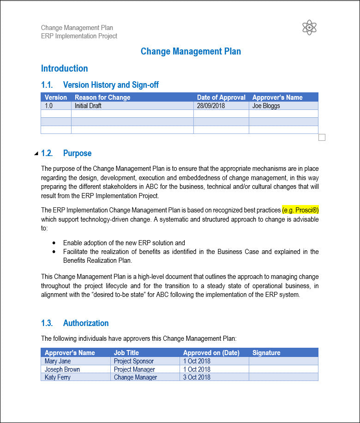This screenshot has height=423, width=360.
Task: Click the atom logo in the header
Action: pyautogui.click(x=309, y=28)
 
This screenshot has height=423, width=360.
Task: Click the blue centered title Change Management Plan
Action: pyautogui.click(x=191, y=51)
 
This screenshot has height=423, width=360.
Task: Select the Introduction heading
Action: pyautogui.click(x=64, y=68)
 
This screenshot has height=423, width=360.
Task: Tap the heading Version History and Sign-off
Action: pyautogui.click(x=111, y=85)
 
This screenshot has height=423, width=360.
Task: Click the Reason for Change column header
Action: pyautogui.click(x=102, y=97)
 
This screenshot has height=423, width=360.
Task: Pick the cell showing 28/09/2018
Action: pyautogui.click(x=210, y=106)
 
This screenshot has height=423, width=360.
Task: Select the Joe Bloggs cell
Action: pyautogui.click(x=266, y=106)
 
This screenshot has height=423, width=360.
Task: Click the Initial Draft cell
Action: pyautogui.click(x=88, y=106)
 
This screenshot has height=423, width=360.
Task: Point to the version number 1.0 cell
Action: pyautogui.click(x=49, y=106)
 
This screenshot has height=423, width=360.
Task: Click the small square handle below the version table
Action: pyautogui.click(x=322, y=137)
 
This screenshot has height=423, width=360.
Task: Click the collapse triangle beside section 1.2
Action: pyautogui.click(x=36, y=153)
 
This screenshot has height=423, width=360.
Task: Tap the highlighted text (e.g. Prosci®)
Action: pyautogui.click(x=300, y=210)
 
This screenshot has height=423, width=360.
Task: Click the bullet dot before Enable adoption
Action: pyautogui.click(x=54, y=243)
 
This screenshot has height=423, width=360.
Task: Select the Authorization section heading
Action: pyautogui.click(x=86, y=323)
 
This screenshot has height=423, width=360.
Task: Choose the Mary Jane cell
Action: pyautogui.click(x=58, y=361)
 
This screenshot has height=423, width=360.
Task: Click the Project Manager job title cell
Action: pyautogui.click(x=134, y=369)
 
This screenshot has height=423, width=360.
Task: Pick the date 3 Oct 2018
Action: pyautogui.click(x=197, y=377)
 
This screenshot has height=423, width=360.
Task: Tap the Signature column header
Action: pyautogui.click(x=266, y=353)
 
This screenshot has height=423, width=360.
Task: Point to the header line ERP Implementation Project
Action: pyautogui.click(x=79, y=36)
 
